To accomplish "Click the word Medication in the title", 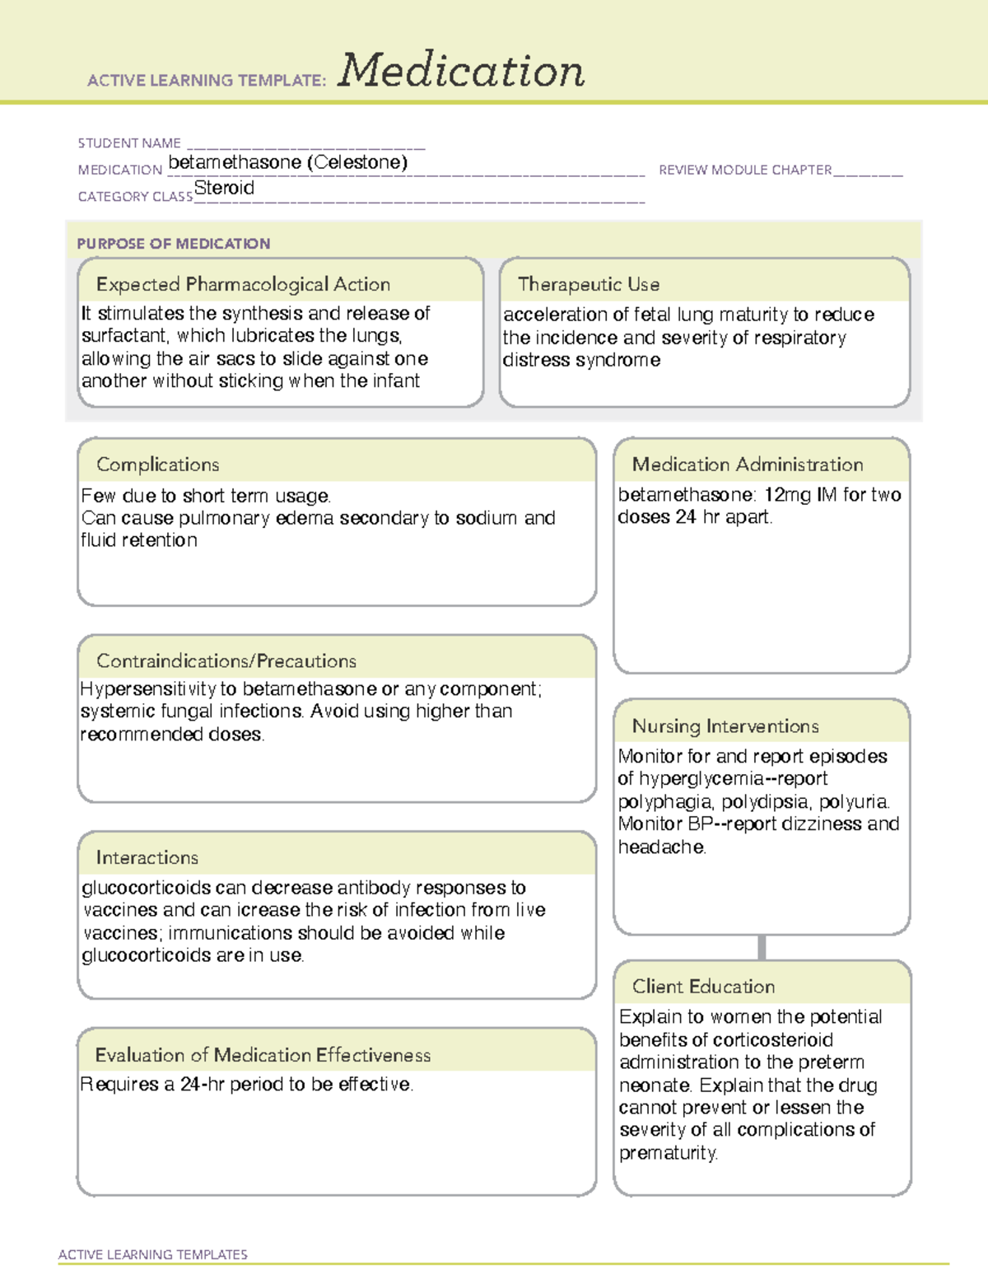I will point(461,71).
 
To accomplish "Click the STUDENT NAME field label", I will point(129,143).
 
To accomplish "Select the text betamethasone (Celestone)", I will point(287,162).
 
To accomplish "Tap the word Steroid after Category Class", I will point(224,188).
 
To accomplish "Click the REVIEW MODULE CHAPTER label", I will point(745,170).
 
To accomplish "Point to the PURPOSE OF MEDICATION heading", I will point(173,244).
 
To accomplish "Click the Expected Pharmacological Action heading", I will point(243,284).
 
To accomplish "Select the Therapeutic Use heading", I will point(589,284).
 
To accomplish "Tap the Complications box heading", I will point(157,464).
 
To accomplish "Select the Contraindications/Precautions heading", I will point(226,661).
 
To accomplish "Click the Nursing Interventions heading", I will point(725,726).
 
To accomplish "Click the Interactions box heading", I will point(147,858).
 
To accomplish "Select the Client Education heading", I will point(703,987).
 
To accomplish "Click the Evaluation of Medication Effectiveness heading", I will point(263,1055).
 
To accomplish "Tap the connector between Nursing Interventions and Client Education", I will point(762,947).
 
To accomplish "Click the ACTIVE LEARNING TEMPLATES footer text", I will point(152,1254).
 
